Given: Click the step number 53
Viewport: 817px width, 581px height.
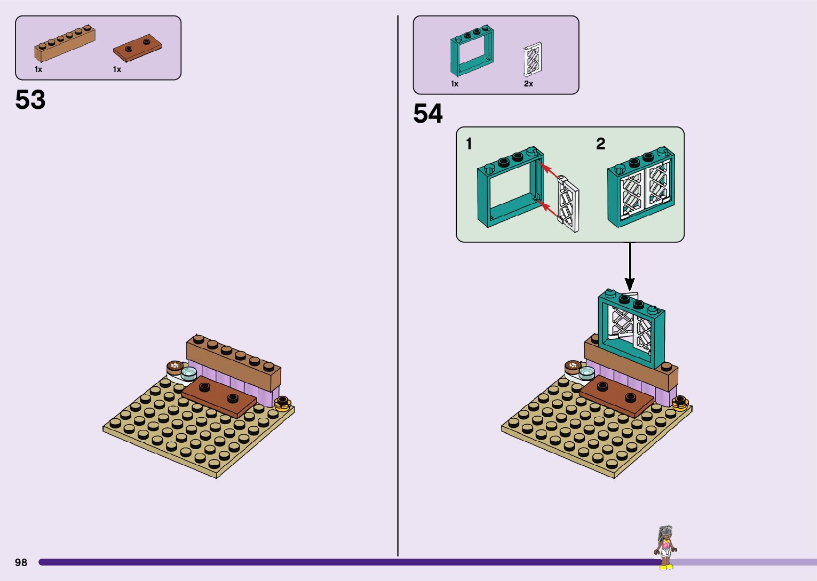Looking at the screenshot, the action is click(x=30, y=100).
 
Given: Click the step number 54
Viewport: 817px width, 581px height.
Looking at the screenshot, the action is click(x=428, y=114).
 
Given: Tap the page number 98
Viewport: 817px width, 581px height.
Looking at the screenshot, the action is click(x=21, y=562).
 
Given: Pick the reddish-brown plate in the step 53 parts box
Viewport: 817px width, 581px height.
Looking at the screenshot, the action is click(x=138, y=47).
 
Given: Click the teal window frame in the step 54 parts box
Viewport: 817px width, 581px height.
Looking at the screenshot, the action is click(x=471, y=51).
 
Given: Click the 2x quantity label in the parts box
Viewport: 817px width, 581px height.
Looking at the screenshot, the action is click(x=528, y=84).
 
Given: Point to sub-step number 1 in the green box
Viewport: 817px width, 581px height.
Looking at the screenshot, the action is click(x=469, y=144).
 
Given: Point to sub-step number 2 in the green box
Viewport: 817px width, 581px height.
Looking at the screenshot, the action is click(x=601, y=144).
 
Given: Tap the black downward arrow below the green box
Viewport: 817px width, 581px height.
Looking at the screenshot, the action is click(x=630, y=267).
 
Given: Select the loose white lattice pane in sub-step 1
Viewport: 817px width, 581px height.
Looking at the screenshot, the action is click(x=568, y=206).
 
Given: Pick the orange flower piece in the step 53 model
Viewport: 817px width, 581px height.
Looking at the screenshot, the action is click(x=282, y=402).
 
